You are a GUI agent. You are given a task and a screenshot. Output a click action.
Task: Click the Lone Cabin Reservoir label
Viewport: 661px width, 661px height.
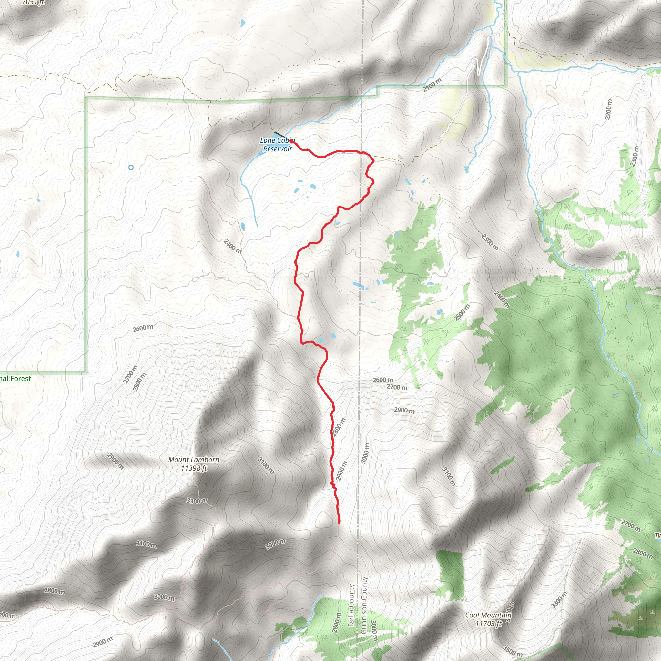277,144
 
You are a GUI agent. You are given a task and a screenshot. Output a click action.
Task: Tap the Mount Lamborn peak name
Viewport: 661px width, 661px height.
194,460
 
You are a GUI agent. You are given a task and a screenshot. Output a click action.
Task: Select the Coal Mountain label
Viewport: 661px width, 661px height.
488,615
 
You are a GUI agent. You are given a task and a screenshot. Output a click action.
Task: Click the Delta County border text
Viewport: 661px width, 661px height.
351,605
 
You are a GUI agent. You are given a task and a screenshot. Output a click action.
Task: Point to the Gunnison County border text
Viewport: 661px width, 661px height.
364,605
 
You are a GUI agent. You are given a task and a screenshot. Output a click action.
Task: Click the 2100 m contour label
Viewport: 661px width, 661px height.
432,85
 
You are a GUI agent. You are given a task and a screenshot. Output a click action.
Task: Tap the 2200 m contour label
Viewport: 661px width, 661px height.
608,109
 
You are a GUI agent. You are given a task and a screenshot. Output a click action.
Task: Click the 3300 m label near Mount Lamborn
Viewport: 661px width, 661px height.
197,501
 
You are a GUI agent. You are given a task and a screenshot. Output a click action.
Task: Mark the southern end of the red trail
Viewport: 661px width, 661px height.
339,523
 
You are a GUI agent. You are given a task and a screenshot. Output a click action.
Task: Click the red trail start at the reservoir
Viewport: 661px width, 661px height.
291,141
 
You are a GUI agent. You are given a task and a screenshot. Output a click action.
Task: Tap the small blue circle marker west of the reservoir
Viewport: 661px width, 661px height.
131,168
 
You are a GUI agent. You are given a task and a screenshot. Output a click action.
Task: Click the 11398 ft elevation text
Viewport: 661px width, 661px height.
194,468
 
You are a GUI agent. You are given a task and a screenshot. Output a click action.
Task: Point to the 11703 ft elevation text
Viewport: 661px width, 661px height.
489,623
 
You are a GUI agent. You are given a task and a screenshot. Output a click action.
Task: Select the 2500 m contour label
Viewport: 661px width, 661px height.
462,312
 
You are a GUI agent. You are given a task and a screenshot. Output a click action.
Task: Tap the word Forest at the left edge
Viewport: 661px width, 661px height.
21,378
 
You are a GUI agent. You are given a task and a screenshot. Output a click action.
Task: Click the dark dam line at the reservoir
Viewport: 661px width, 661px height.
279,135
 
